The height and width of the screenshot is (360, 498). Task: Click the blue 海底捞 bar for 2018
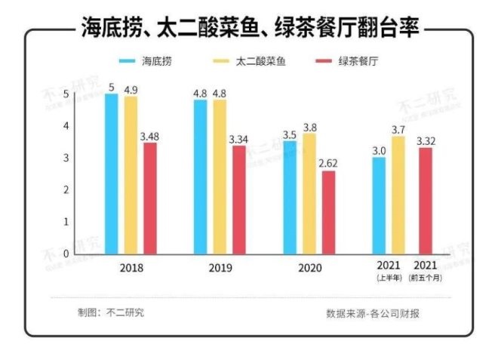point(111,174)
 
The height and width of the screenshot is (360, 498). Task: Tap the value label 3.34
point(238,139)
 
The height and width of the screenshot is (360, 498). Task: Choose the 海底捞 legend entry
point(146,60)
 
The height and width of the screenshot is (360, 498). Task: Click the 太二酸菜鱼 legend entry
point(248,60)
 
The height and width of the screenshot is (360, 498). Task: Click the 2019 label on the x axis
point(220,269)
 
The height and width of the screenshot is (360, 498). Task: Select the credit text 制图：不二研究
point(110,312)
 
